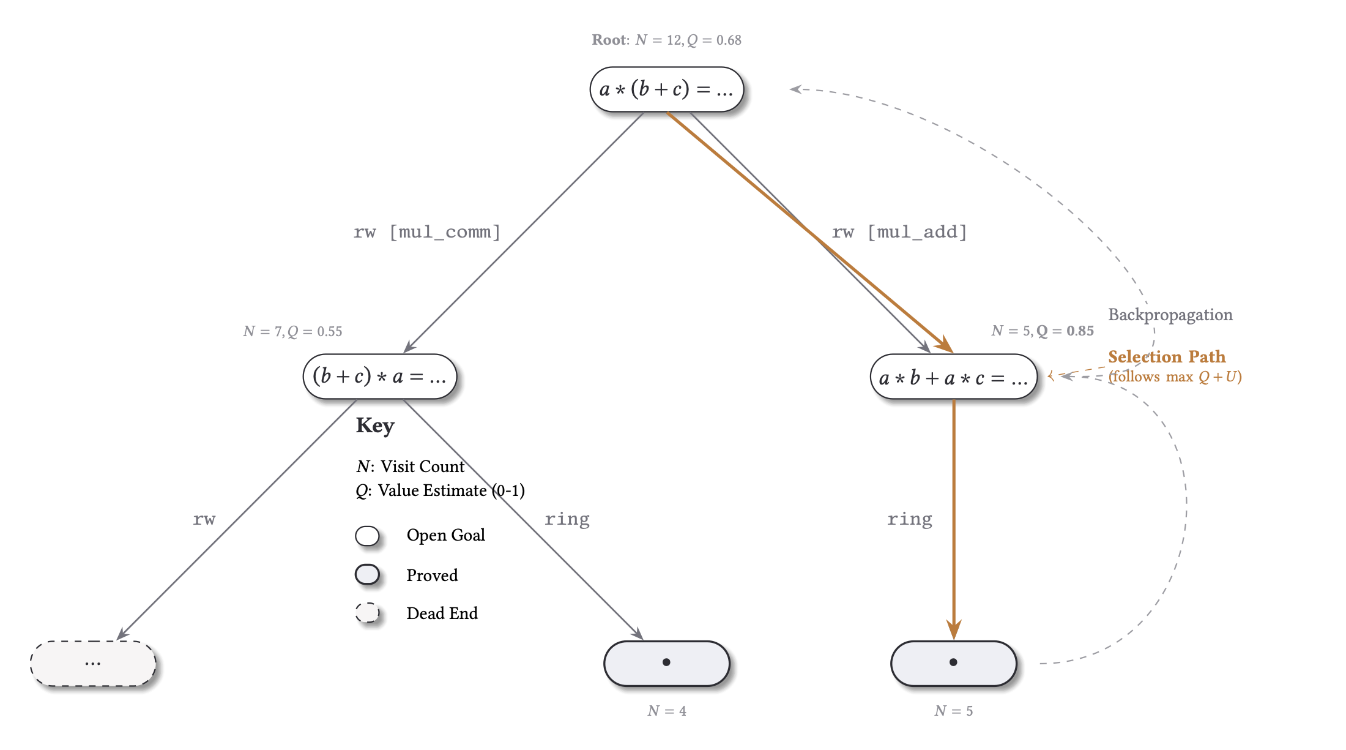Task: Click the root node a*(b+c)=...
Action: (x=666, y=89)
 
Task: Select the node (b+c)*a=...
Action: (x=379, y=377)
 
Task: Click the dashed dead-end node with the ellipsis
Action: (x=93, y=663)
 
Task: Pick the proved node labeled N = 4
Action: (x=666, y=663)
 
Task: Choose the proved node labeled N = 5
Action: (x=953, y=663)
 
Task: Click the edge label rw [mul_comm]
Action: (x=427, y=232)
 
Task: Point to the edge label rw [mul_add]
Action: (x=899, y=232)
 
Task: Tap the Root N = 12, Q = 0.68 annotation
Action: (x=666, y=40)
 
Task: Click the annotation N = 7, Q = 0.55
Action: (x=292, y=331)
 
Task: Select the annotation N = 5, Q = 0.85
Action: (x=1042, y=331)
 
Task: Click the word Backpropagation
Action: (x=1170, y=315)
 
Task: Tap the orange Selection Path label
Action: (x=1166, y=357)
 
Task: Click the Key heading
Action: (x=375, y=426)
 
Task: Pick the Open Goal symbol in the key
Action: (x=367, y=536)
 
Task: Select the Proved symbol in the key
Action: (x=367, y=575)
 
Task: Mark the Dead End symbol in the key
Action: (x=367, y=613)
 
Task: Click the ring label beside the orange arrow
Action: (x=910, y=519)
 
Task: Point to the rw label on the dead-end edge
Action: (x=204, y=519)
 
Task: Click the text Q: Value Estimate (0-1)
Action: (x=440, y=490)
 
